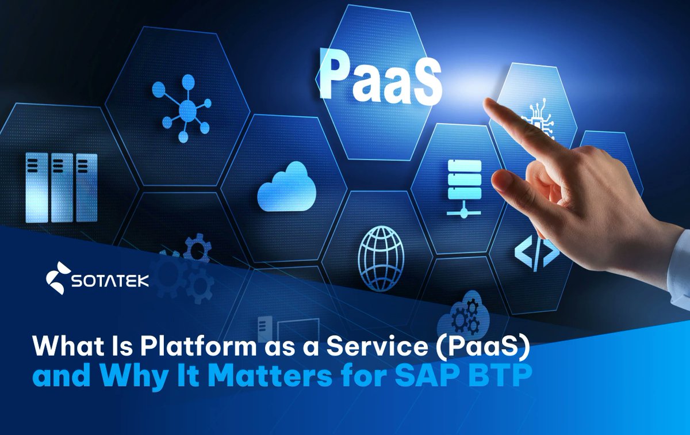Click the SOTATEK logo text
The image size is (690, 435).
tap(110, 281)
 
